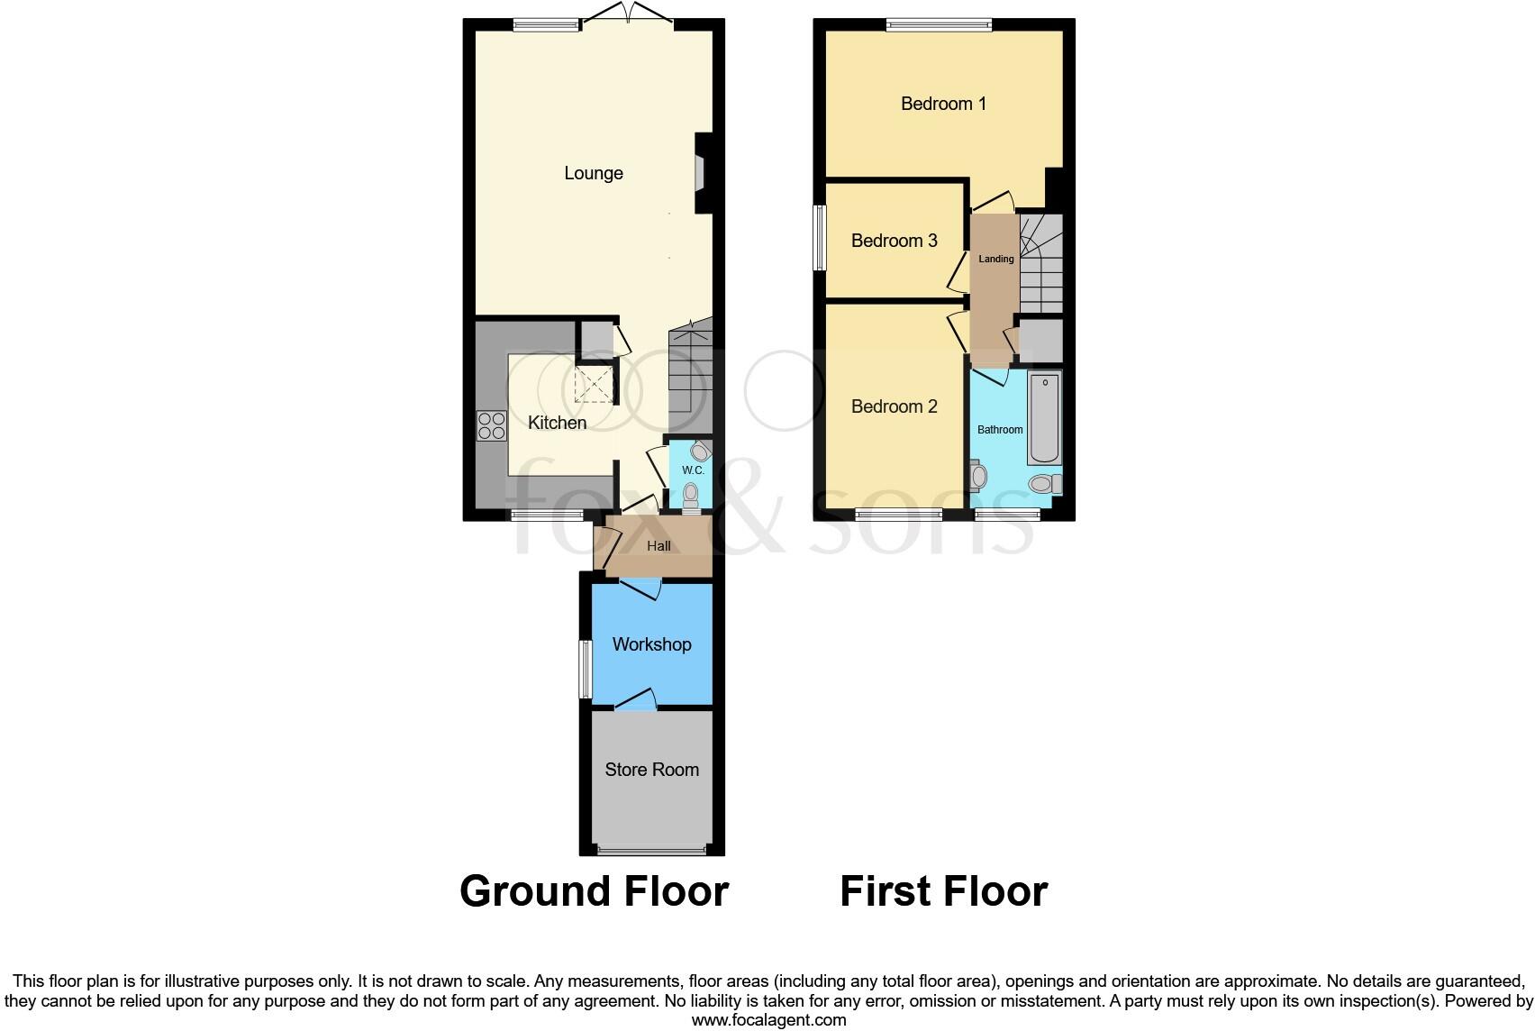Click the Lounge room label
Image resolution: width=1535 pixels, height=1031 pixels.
tap(594, 173)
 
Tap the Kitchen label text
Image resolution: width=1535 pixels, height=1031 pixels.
tap(557, 423)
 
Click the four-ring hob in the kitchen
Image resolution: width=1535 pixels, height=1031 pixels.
tap(491, 425)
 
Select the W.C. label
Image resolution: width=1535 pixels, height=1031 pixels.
tap(693, 470)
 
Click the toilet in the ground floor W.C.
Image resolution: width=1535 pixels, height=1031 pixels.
tap(691, 495)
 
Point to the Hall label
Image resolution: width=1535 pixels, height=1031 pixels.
tap(659, 546)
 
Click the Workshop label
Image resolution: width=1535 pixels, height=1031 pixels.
tap(651, 644)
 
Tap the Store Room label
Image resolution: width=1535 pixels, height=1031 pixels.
tap(651, 770)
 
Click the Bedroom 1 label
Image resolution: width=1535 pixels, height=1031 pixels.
tap(943, 104)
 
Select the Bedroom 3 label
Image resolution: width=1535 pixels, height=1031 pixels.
tap(894, 241)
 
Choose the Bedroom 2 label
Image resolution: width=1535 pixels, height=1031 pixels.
tap(894, 406)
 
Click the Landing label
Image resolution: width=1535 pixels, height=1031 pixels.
tap(996, 259)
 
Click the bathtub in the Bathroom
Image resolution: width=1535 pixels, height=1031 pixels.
tap(1045, 416)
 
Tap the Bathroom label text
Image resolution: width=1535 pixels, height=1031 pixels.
tap(1000, 430)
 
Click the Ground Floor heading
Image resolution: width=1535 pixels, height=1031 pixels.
tap(594, 891)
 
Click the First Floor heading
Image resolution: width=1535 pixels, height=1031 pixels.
tap(943, 891)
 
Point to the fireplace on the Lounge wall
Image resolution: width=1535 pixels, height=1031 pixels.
tap(701, 173)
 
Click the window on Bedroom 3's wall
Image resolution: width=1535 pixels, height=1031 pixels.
tap(819, 237)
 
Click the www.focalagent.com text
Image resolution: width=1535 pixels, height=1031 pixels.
tap(768, 1020)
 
